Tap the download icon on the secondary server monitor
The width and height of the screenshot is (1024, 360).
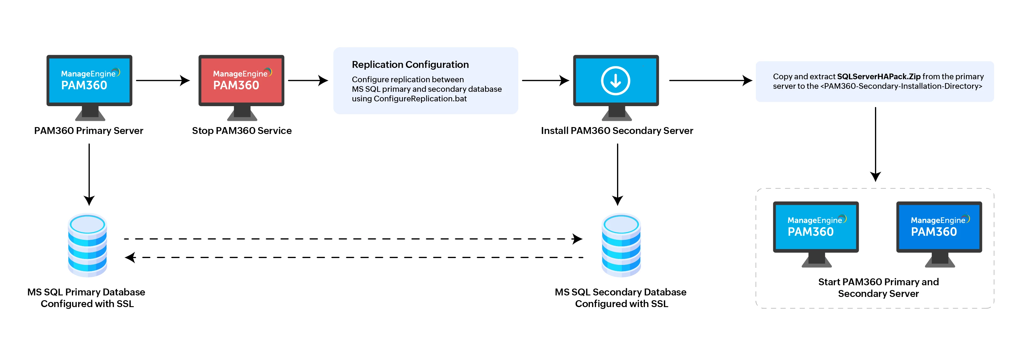[x=615, y=81]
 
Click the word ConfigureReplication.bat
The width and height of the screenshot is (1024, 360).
[x=420, y=99]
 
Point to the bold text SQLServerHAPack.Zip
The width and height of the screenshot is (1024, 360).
[x=879, y=76]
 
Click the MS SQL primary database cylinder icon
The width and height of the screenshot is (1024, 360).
[x=87, y=245]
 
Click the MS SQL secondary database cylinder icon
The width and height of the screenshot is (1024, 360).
[x=621, y=245]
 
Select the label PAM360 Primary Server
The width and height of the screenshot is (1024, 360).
[x=88, y=131]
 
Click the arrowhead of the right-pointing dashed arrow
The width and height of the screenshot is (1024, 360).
[x=577, y=239]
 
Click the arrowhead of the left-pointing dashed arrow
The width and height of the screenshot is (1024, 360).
[x=130, y=257]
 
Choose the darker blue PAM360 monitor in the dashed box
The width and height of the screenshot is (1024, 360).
[x=939, y=227]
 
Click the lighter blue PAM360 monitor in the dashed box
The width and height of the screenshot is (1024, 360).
[x=816, y=227]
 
